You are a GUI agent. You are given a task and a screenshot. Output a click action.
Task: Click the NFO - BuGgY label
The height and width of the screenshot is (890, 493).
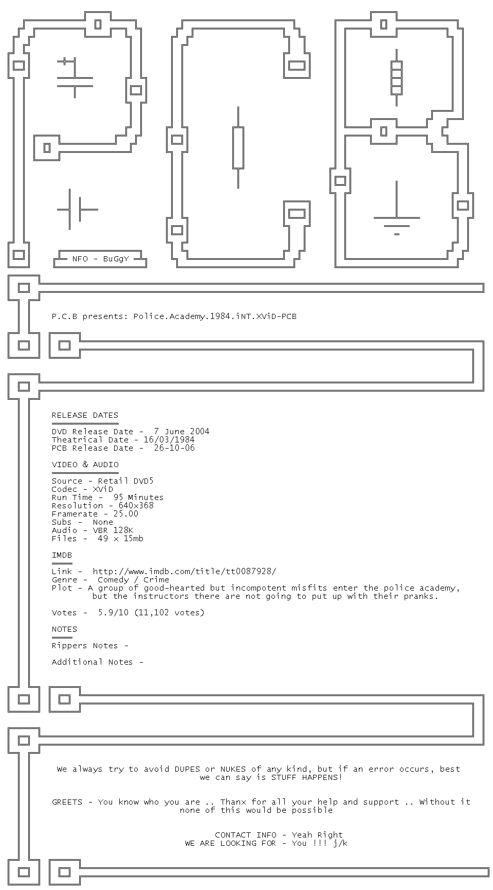(x=101, y=259)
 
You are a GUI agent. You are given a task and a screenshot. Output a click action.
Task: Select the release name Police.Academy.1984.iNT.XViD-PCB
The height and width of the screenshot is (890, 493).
(x=215, y=316)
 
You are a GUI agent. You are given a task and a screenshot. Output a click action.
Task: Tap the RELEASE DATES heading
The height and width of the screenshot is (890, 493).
(x=85, y=415)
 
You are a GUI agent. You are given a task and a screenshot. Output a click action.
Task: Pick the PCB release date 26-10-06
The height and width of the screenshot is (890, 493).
(x=174, y=448)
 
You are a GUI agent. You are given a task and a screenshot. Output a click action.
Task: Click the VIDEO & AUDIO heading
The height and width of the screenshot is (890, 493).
(x=85, y=465)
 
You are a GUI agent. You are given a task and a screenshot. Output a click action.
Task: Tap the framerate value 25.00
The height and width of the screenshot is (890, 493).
(x=126, y=514)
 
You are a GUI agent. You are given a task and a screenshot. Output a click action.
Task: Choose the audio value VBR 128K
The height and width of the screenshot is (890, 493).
(x=113, y=530)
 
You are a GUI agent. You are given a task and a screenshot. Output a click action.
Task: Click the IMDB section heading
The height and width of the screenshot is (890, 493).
(x=62, y=555)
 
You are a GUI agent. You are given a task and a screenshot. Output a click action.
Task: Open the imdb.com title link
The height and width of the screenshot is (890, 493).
(x=185, y=572)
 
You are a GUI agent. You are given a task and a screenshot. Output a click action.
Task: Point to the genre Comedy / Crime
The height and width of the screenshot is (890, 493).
(x=133, y=580)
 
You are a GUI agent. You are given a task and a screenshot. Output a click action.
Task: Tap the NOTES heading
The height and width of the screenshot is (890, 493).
(x=64, y=629)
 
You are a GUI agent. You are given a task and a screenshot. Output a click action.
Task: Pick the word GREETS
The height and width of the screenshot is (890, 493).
(x=67, y=802)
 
